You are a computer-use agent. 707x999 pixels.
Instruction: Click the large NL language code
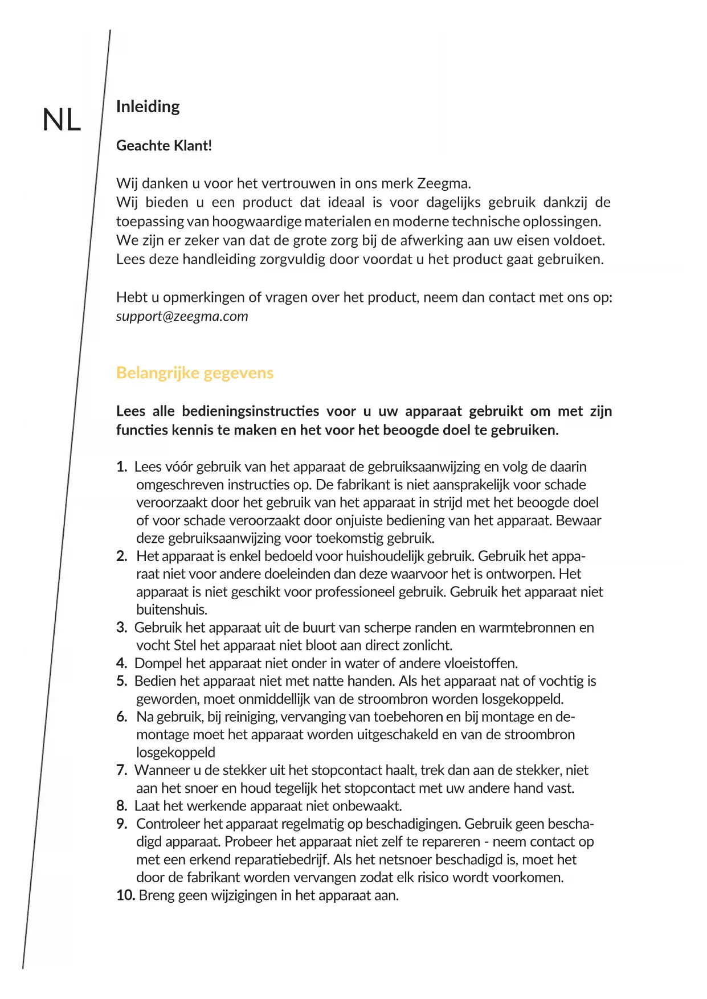[x=62, y=121]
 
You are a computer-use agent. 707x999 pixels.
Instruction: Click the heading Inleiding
[x=148, y=107]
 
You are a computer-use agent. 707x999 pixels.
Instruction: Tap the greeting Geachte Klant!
[x=164, y=146]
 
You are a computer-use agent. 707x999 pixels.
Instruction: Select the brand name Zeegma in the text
[x=443, y=183]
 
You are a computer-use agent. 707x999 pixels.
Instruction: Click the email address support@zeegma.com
[x=182, y=316]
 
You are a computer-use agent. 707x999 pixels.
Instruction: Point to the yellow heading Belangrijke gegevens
[x=194, y=373]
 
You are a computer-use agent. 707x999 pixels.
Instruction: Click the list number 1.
[x=121, y=467]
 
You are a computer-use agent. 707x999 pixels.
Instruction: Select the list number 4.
[x=121, y=664]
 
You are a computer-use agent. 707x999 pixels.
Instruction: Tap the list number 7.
[x=121, y=771]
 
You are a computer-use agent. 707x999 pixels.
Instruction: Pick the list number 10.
[x=125, y=895]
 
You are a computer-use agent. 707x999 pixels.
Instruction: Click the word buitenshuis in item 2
[x=171, y=610]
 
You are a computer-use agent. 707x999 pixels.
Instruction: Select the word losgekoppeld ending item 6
[x=175, y=752]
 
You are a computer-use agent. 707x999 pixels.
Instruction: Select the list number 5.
[x=121, y=681]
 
